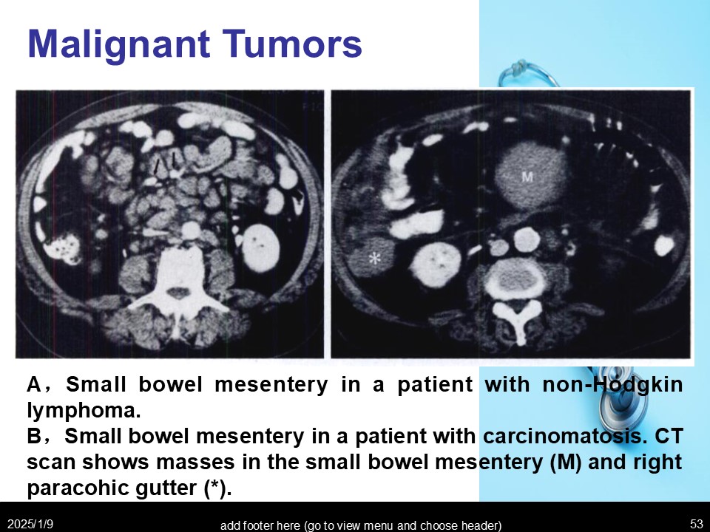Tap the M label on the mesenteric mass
[527, 177]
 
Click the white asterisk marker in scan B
[374, 259]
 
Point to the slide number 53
[697, 524]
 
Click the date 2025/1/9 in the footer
[30, 524]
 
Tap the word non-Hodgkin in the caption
[612, 384]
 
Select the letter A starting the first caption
[35, 384]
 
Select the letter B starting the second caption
[35, 436]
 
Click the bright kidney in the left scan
[260, 248]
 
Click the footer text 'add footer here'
[361, 525]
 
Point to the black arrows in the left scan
[166, 165]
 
